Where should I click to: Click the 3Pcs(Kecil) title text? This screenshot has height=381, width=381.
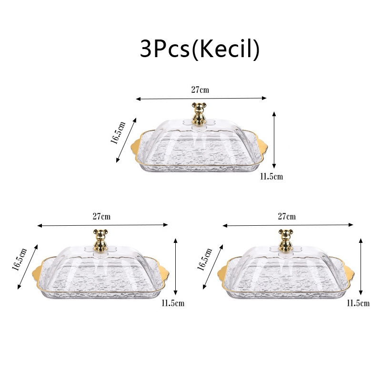click(200, 50)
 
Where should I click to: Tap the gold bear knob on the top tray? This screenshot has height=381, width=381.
click(199, 113)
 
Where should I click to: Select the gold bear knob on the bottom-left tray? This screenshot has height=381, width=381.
click(101, 240)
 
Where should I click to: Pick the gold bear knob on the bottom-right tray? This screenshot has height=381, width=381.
click(286, 240)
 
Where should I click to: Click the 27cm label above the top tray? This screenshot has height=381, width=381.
click(200, 90)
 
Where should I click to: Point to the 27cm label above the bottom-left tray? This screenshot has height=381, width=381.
click(101, 216)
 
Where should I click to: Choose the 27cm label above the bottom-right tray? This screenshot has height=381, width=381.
click(287, 216)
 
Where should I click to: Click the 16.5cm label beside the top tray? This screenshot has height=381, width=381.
click(119, 132)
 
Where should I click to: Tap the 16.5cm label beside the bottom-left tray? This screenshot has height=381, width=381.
click(20, 259)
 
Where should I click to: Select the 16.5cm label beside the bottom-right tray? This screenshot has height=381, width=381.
click(205, 259)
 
